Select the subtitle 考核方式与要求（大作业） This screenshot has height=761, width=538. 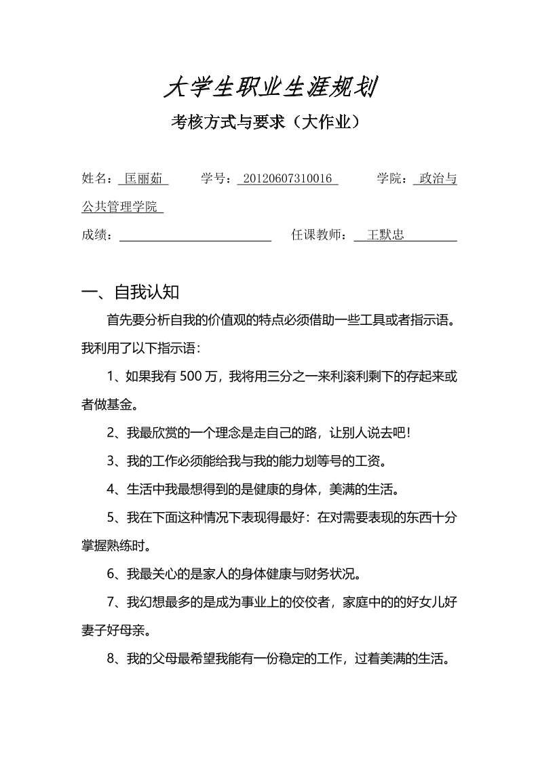[x=269, y=123]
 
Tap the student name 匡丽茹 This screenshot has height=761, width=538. [x=143, y=179]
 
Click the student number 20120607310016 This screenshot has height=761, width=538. [x=287, y=179]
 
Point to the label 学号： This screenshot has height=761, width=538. [x=218, y=179]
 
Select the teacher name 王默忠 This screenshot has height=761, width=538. [x=385, y=235]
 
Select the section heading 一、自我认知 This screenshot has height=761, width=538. [x=130, y=292]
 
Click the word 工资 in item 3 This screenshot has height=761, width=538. [x=370, y=461]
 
